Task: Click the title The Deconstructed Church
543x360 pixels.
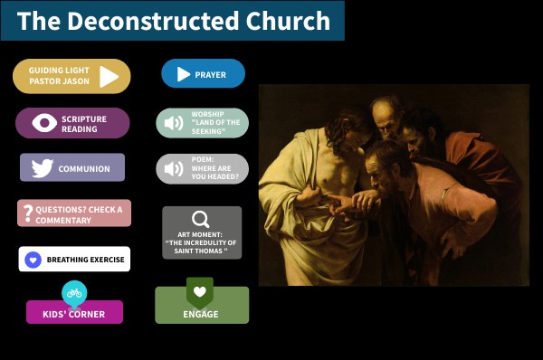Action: coord(173,21)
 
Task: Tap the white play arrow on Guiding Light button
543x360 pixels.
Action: coord(109,76)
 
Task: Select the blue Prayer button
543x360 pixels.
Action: coord(203,74)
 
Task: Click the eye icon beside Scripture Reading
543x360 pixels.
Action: coord(44,123)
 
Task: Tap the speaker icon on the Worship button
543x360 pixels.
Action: coord(173,123)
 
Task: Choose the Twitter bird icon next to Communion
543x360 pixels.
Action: coord(42,168)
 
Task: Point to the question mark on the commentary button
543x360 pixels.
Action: coord(28,213)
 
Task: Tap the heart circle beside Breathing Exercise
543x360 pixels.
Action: coord(33,260)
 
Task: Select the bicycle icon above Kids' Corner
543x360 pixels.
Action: coord(74,293)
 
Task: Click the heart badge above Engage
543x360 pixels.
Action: coord(200,292)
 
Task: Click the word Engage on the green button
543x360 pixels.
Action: coord(201,314)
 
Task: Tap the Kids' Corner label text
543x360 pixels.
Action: coord(74,315)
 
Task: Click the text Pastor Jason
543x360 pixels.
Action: coord(59,81)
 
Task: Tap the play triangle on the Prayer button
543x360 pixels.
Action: coord(184,74)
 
